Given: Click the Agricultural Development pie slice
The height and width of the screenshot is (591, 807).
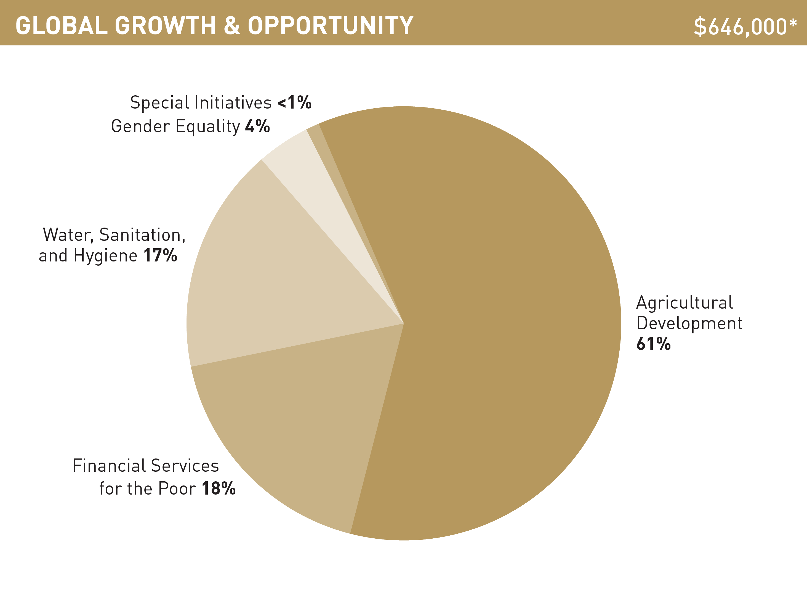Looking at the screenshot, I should (x=502, y=322).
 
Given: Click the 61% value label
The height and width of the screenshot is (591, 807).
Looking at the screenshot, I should (x=653, y=344).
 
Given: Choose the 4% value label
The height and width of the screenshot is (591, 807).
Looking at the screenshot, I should (x=257, y=126).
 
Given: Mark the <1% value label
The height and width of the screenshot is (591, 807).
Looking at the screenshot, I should (x=294, y=103).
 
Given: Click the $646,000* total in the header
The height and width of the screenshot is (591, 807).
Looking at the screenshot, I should (x=745, y=26).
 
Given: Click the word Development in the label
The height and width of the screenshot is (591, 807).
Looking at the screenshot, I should (x=689, y=324).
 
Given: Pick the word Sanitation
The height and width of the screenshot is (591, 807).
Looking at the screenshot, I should (x=142, y=235).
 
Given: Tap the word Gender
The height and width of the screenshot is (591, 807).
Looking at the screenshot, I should (x=141, y=126).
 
